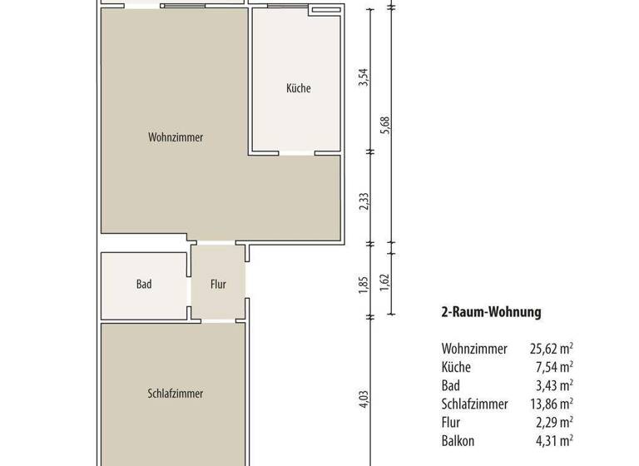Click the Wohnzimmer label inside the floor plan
[x=176, y=137]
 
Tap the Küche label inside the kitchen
[x=298, y=88]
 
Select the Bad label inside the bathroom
[x=144, y=285]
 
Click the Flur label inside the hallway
[x=218, y=285]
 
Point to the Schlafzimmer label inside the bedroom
[x=176, y=394]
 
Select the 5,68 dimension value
[x=384, y=126]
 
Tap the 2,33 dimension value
[x=363, y=201]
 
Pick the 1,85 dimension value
[x=363, y=284]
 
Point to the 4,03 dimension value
[x=363, y=400]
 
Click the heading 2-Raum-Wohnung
[x=491, y=313]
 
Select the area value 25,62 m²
[x=551, y=349]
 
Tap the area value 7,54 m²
[x=554, y=367]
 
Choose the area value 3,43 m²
[x=554, y=385]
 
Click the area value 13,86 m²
[x=551, y=404]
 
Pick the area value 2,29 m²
[x=554, y=422]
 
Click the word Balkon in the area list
[x=458, y=440]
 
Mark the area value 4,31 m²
[x=554, y=440]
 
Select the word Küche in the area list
[x=457, y=367]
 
